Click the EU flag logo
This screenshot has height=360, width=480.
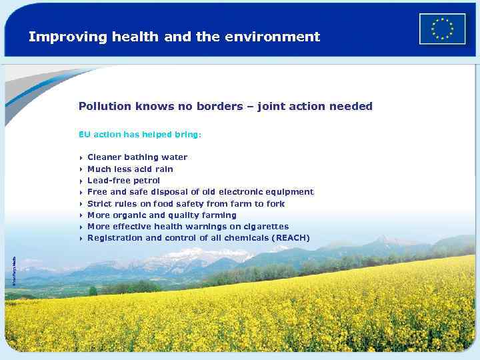pyautogui.click(x=442, y=29)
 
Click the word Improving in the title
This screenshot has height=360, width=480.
pyautogui.click(x=59, y=37)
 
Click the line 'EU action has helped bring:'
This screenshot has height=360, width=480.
pyautogui.click(x=139, y=135)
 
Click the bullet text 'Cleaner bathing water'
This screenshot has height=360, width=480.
pyautogui.click(x=137, y=157)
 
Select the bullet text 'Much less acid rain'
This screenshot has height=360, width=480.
pyautogui.click(x=130, y=169)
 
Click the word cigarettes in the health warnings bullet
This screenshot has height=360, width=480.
pyautogui.click(x=265, y=227)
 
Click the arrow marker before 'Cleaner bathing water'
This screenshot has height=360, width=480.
pyautogui.click(x=81, y=158)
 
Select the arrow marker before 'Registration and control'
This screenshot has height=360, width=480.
pyautogui.click(x=81, y=239)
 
